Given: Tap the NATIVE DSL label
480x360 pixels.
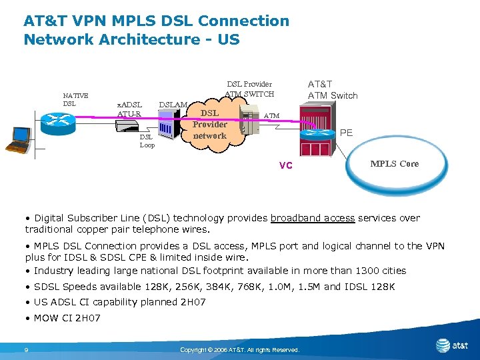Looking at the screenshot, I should pyautogui.click(x=75, y=99).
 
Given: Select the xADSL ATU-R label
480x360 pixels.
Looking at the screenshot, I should pyautogui.click(x=129, y=109).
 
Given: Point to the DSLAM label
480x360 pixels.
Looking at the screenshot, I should pyautogui.click(x=173, y=105).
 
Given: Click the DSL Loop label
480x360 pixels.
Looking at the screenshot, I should pyautogui.click(x=147, y=141).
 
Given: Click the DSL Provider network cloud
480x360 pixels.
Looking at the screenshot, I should pyautogui.click(x=210, y=125).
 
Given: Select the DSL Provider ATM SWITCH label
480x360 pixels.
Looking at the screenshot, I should pyautogui.click(x=249, y=89).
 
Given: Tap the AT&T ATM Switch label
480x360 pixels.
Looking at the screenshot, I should pyautogui.click(x=332, y=89).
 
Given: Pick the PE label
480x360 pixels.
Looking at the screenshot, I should pyautogui.click(x=347, y=133).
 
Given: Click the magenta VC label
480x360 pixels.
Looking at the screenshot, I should pyautogui.click(x=285, y=165).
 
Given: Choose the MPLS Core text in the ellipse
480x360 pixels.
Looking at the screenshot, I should pyautogui.click(x=395, y=163).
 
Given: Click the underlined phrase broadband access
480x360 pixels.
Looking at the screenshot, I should pyautogui.click(x=313, y=218).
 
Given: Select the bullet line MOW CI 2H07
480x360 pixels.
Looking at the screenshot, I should pyautogui.click(x=63, y=318).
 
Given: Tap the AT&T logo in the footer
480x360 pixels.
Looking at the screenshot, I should pyautogui.click(x=451, y=345).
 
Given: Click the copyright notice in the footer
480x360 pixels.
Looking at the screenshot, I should pyautogui.click(x=240, y=350).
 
